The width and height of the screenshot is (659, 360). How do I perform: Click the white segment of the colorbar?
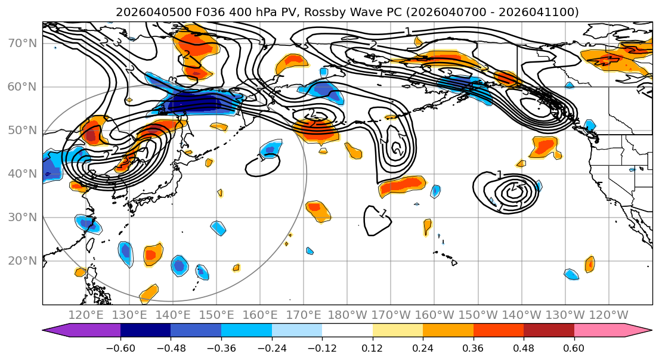point(347,331)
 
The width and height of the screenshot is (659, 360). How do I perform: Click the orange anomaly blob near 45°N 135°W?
point(544,145)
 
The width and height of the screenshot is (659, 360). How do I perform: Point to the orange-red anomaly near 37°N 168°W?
point(403,185)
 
